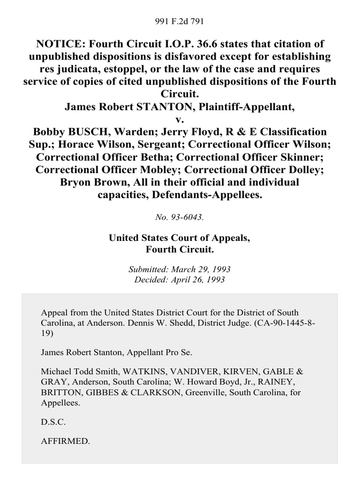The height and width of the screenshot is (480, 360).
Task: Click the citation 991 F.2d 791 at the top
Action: [180, 21]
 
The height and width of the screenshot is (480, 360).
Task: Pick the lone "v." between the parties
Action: [180, 119]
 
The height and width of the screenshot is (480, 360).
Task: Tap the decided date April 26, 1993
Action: [202, 279]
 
